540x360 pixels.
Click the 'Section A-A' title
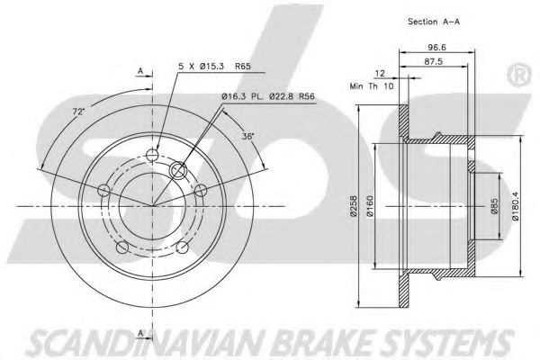[434, 22]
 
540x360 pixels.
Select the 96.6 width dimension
[437, 48]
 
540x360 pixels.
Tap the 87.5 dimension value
[434, 62]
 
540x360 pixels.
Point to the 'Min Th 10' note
[372, 86]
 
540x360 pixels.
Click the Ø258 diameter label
[354, 206]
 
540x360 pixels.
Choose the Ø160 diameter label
[370, 206]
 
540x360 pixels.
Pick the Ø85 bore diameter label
[494, 206]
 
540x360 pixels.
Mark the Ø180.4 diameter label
[515, 206]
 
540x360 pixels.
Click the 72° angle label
[78, 112]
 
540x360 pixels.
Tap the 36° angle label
[247, 136]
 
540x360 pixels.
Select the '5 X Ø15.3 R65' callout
[214, 66]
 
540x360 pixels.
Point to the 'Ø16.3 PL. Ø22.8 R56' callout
[268, 97]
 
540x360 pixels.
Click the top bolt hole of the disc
[151, 155]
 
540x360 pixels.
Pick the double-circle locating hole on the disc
[178, 170]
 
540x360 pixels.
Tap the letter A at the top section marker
[140, 71]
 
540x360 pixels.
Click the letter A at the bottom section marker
[140, 333]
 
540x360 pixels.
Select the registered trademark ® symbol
[519, 75]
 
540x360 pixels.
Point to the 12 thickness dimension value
[380, 74]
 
